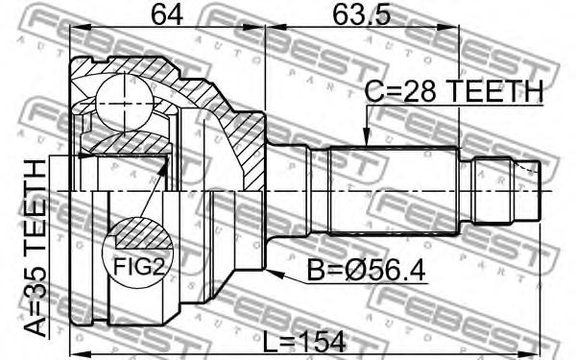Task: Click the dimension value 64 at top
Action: [167, 14]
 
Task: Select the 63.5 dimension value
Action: [361, 14]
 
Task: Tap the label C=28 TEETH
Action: [453, 91]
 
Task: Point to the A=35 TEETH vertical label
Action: [36, 248]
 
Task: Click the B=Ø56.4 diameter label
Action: [367, 271]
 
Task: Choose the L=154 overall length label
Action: [304, 341]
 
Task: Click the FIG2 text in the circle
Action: [138, 266]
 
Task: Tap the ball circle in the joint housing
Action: [124, 104]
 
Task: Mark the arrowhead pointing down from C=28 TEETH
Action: [366, 137]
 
